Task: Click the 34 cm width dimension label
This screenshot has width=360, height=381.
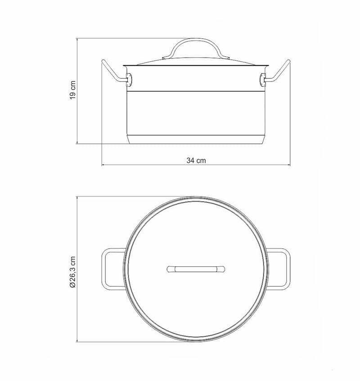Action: pos(196,161)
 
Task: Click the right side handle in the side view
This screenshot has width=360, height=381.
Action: pos(279,73)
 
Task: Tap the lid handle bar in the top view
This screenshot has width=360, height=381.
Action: pos(196,269)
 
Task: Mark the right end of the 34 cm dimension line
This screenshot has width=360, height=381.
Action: pos(290,165)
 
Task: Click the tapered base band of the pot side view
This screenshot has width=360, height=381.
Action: pos(196,139)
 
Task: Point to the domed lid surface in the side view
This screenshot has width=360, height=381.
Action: pos(196,59)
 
